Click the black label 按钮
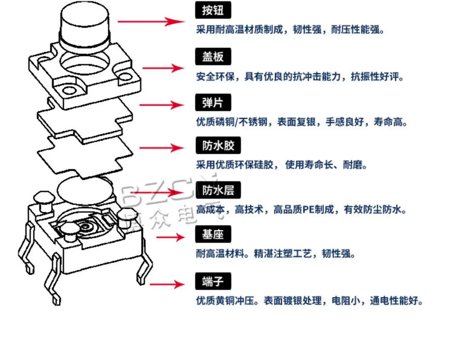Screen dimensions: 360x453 [x=213, y=10]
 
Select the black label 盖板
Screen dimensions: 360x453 [x=213, y=56]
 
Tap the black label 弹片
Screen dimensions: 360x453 [x=213, y=103]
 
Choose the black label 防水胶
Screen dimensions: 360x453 [x=218, y=146]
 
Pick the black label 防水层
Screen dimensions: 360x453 [x=218, y=190]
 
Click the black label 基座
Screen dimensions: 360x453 [x=213, y=234]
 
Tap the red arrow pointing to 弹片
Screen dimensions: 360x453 [x=161, y=105]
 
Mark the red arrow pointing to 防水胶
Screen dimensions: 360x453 [x=161, y=148]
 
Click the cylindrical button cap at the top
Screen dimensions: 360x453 [x=84, y=24]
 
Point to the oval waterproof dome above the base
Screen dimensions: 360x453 [x=85, y=191]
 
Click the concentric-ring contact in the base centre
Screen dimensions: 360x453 [x=85, y=226]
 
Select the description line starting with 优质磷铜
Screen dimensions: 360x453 [x=301, y=122]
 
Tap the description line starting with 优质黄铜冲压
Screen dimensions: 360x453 [x=309, y=301]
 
